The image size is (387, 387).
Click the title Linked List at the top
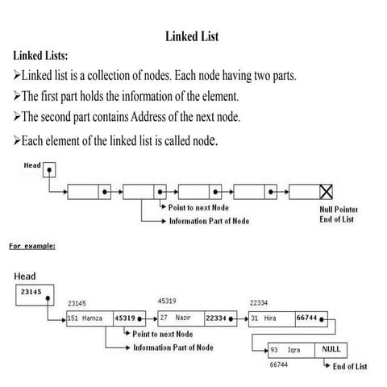[x=192, y=36]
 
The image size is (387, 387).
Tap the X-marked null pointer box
[x=327, y=192]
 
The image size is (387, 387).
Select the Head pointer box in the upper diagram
[x=50, y=171]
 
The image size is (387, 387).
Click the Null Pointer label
[x=339, y=210]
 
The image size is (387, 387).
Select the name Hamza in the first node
[x=93, y=318]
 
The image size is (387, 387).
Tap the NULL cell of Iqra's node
[x=331, y=350]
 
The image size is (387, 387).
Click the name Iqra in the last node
[x=294, y=351]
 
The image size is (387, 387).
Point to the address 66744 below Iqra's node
[x=279, y=365]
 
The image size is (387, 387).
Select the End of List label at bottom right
[x=351, y=367]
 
